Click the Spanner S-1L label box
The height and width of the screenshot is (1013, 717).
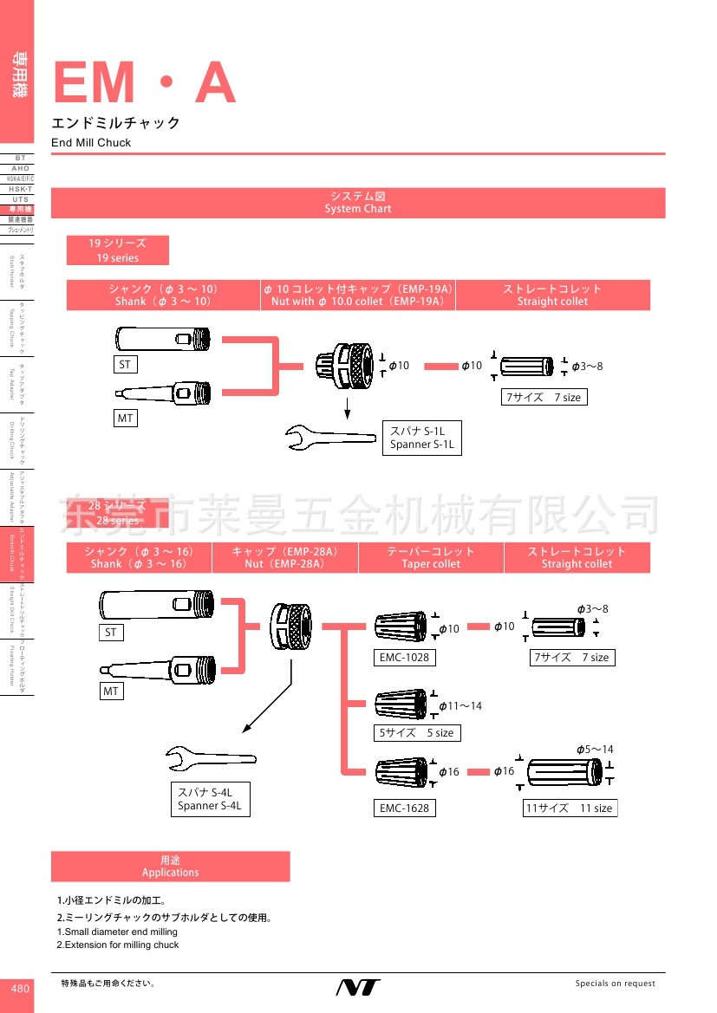coord(421,438)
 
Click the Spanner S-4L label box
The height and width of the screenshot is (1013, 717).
coord(210,798)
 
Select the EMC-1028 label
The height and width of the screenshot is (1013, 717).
coord(404,658)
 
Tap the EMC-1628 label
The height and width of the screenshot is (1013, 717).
coord(404,808)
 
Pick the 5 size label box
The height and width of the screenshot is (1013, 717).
coord(416,733)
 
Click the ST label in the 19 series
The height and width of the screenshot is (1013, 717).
coord(125,365)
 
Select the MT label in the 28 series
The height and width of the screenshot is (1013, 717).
coord(111,692)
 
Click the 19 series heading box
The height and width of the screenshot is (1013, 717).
coord(118,250)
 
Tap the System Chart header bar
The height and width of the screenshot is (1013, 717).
coord(358,203)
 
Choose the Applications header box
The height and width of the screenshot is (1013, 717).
coord(171,867)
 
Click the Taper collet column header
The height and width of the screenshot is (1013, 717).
coord(431,557)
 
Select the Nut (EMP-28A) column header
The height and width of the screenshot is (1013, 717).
coord(284,557)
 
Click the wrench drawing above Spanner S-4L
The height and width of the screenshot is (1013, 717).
coord(208,758)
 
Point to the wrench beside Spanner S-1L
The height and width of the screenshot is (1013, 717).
coord(329,436)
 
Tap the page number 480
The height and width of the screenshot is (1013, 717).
coord(20,989)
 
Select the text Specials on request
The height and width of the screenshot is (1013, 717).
coord(616,984)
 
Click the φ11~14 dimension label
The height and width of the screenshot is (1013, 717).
coord(460,706)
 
